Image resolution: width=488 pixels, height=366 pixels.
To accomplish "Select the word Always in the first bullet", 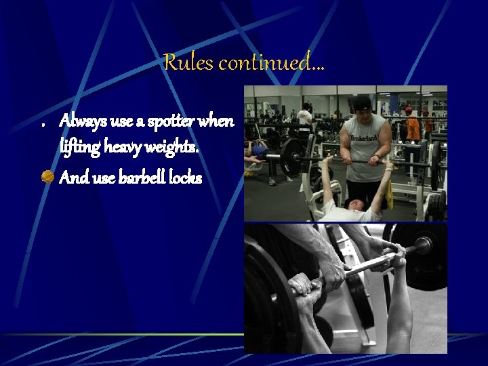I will point(81,121).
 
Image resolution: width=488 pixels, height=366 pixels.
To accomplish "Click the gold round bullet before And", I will point(47,178).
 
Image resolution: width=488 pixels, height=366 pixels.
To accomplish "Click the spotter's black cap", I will point(362,102).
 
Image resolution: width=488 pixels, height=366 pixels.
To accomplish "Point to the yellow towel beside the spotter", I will point(389,197).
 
